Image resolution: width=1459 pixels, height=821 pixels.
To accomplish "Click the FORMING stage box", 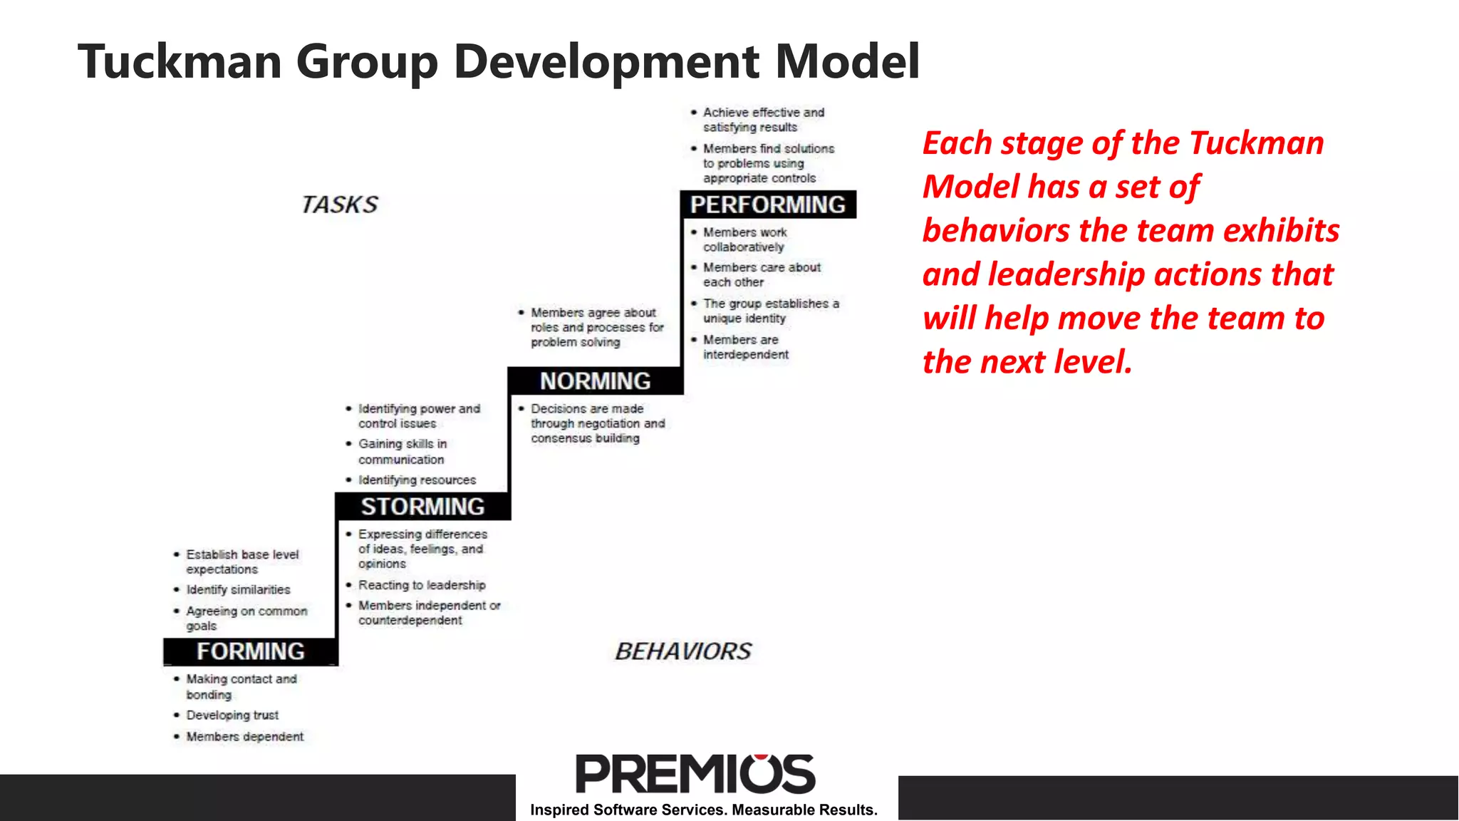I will [250, 651].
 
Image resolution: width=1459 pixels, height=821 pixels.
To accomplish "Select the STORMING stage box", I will [422, 506].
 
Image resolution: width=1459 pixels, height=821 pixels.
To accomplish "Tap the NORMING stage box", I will [595, 381].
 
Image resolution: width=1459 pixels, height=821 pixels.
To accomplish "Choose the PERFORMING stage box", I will [767, 205].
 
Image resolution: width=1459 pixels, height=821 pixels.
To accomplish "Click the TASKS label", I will [340, 205].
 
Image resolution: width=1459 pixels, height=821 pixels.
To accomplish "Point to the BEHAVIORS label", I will [683, 651].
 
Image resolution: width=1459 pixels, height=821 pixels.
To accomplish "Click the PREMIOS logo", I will [695, 774].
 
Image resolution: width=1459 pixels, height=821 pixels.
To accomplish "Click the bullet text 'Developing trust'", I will [232, 715].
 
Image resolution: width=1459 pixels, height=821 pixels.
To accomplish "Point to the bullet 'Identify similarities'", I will [238, 589].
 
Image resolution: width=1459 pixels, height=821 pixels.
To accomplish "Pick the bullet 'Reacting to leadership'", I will [422, 585].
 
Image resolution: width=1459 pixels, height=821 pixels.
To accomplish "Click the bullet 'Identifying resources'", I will [417, 480].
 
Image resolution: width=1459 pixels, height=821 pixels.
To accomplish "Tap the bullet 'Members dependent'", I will [244, 736].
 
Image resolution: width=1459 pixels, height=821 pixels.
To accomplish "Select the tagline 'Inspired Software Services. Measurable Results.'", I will [704, 810].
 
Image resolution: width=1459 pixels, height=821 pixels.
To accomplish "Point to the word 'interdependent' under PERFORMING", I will [746, 354].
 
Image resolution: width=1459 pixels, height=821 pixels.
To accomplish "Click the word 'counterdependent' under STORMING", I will [410, 620].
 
